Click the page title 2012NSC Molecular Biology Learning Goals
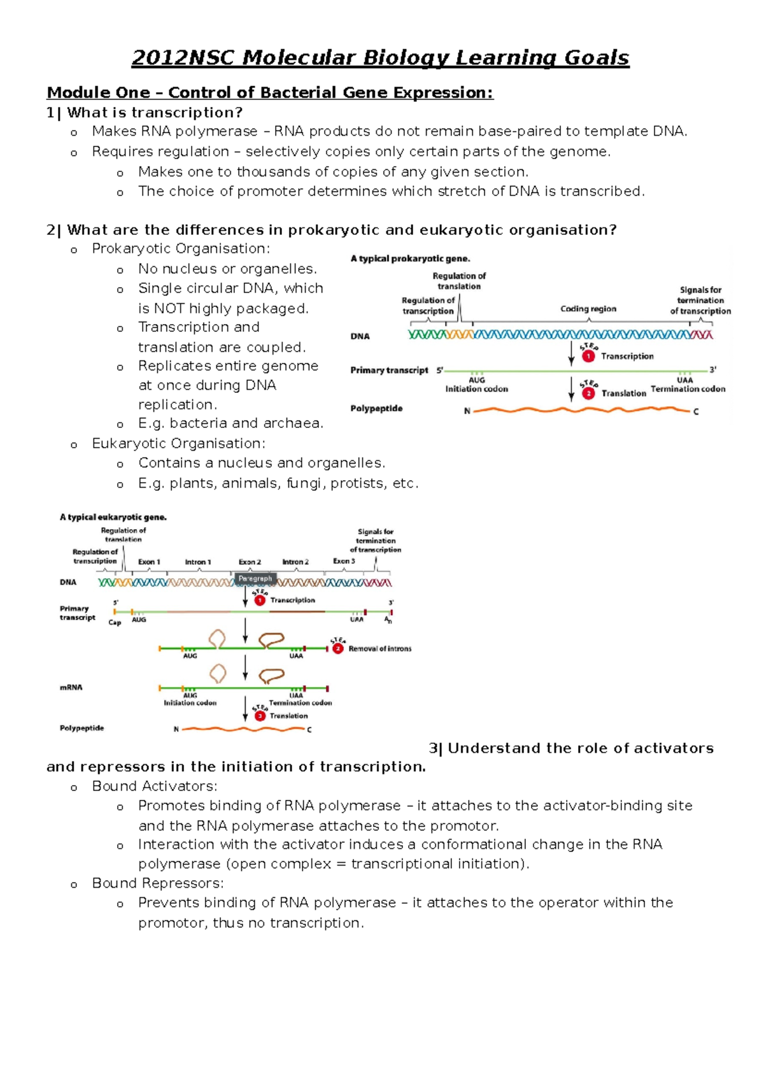(x=380, y=58)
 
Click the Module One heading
(x=269, y=93)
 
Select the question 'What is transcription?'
(x=155, y=113)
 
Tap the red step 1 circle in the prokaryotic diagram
(x=588, y=357)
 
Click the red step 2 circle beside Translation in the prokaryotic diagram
(x=588, y=394)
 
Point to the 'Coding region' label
(x=588, y=309)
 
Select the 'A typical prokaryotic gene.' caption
(x=410, y=259)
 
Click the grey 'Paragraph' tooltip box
(x=255, y=578)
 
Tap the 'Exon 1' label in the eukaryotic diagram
(x=150, y=562)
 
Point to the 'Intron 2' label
(x=295, y=562)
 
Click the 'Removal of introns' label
(x=379, y=649)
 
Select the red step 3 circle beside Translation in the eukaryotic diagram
(x=260, y=716)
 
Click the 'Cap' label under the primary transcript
(x=115, y=622)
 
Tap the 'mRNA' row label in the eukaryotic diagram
(x=71, y=688)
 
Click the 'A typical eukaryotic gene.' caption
(x=113, y=517)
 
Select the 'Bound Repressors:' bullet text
(x=158, y=883)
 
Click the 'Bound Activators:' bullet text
(x=155, y=786)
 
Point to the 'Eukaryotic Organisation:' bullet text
(x=178, y=444)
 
